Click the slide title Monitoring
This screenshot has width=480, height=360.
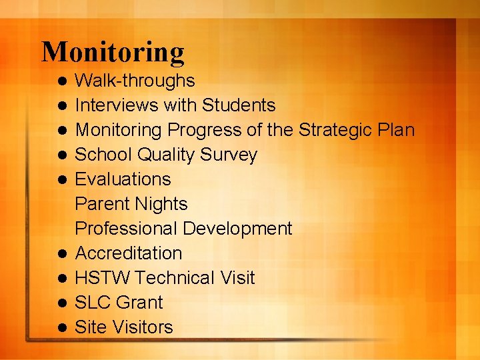[x=113, y=52]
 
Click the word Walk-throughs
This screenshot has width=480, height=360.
[x=135, y=81]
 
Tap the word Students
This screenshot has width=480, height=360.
[x=239, y=105]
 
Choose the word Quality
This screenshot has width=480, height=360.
[x=162, y=155]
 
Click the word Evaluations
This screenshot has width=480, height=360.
[x=123, y=179]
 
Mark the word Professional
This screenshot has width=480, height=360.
[x=126, y=229]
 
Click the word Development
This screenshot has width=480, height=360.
[x=237, y=229]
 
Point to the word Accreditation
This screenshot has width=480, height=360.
[x=128, y=253]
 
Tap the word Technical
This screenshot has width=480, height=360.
[x=172, y=278]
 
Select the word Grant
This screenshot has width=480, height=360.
[x=139, y=303]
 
